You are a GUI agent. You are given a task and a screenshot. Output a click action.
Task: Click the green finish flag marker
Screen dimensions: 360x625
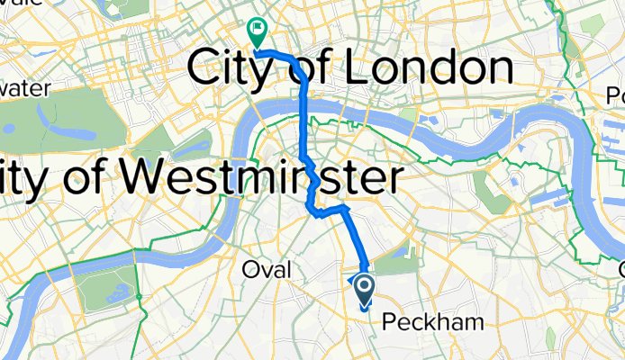pos(257,33)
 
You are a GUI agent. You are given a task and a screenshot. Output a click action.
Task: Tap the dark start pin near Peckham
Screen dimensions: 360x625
pos(366,290)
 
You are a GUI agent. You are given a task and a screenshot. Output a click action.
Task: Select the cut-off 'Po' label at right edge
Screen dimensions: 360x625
pos(614,94)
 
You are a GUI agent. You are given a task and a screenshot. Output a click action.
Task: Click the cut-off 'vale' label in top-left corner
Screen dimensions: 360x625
pos(20,4)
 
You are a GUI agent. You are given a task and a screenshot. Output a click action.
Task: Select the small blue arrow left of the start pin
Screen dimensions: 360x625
pos(350,281)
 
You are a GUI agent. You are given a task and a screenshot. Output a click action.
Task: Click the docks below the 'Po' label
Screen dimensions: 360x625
pos(609,135)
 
